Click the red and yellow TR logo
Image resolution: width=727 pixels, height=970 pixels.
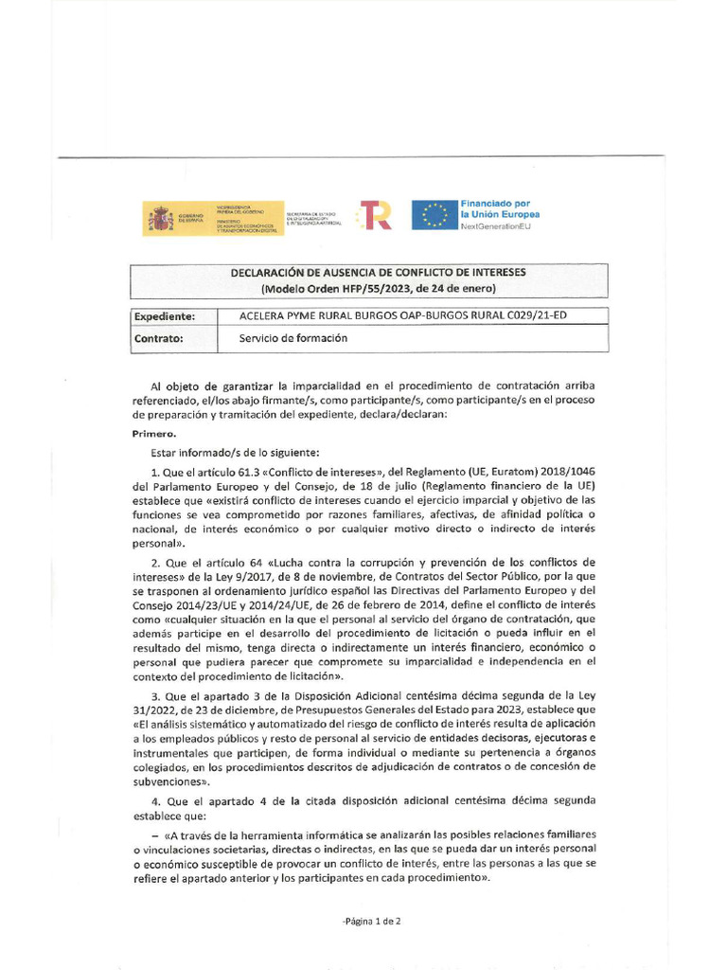coord(375,216)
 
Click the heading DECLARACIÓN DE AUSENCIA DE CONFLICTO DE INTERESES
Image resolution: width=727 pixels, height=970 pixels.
coord(379,272)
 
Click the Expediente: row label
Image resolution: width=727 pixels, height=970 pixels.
coord(165,315)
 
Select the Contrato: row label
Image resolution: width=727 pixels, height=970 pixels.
coord(158,338)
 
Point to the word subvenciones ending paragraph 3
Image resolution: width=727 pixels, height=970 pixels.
coord(171,782)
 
